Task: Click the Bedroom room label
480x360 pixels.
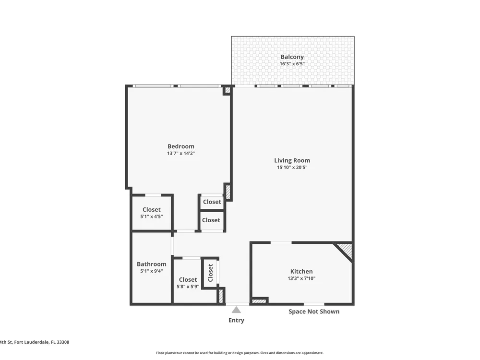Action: click(x=180, y=146)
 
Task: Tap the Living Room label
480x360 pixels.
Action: click(x=292, y=160)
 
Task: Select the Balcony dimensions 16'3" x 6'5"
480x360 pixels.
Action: click(x=292, y=64)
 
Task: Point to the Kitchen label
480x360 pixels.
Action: click(x=301, y=272)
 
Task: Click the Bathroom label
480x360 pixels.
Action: click(x=152, y=264)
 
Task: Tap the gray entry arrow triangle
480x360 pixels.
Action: click(x=236, y=310)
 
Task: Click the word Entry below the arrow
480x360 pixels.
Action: click(x=236, y=321)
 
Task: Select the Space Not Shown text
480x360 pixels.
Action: click(x=314, y=312)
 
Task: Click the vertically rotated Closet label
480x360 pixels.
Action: click(x=210, y=273)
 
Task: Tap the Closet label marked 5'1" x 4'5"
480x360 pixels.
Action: click(x=152, y=210)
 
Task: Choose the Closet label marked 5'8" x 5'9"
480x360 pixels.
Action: click(x=188, y=280)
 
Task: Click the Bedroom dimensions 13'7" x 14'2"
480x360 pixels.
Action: click(x=181, y=154)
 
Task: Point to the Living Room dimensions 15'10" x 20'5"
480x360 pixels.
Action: click(x=292, y=168)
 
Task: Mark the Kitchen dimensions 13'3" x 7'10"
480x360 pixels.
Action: click(x=301, y=278)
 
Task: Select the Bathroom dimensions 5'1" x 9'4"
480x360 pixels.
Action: click(x=152, y=271)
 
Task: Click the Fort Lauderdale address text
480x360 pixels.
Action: click(x=35, y=342)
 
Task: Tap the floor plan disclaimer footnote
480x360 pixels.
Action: click(x=240, y=353)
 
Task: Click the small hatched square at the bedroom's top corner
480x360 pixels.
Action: click(x=228, y=90)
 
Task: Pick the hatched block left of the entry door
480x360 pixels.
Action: click(x=221, y=296)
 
